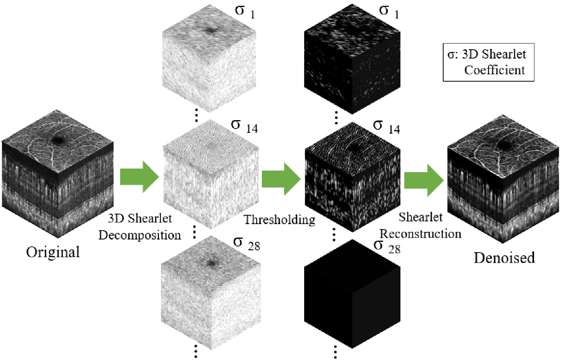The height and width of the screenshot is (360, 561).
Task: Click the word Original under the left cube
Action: pyautogui.click(x=53, y=252)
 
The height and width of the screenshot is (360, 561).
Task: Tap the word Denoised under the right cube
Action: pyautogui.click(x=504, y=258)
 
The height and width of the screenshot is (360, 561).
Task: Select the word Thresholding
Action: pyautogui.click(x=280, y=220)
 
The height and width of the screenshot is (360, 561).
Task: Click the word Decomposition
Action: pyautogui.click(x=140, y=235)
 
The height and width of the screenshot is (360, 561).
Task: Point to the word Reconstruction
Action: pyautogui.click(x=420, y=234)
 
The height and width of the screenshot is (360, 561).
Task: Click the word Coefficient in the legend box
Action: pyautogui.click(x=494, y=70)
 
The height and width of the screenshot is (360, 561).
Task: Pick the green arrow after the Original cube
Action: pyautogui.click(x=139, y=177)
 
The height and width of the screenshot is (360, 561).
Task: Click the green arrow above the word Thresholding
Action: pyautogui.click(x=281, y=179)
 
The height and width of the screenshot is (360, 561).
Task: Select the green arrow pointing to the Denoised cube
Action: pyautogui.click(x=424, y=180)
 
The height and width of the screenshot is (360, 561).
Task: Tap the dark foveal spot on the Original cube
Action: pyautogui.click(x=59, y=141)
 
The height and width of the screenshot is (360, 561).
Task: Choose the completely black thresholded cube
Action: pyautogui.click(x=352, y=294)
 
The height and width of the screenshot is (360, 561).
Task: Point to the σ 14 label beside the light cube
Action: pyautogui.click(x=244, y=126)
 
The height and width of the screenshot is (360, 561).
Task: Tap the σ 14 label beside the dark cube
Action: pyautogui.click(x=387, y=127)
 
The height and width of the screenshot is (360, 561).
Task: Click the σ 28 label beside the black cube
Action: pyautogui.click(x=387, y=247)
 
